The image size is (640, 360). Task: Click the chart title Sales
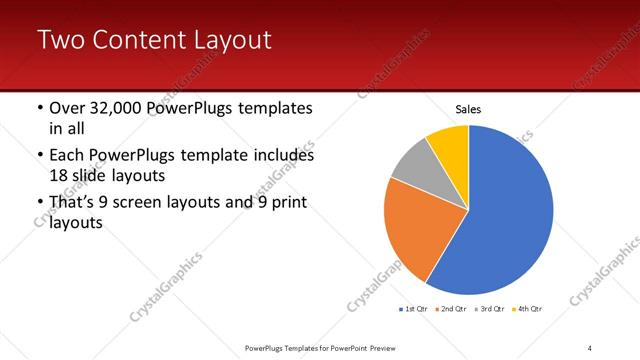tap(468, 109)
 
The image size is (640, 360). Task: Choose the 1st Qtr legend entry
tap(415, 309)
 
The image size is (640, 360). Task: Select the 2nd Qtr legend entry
tap(451, 309)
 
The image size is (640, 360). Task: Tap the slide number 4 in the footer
tap(590, 347)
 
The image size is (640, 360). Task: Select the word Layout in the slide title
tap(233, 41)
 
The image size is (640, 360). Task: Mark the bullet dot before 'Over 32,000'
tap(39, 108)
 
